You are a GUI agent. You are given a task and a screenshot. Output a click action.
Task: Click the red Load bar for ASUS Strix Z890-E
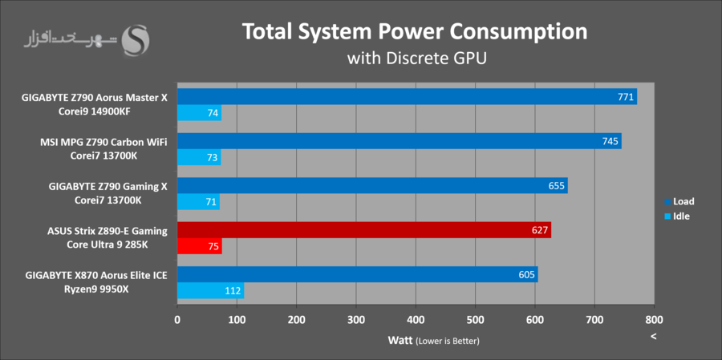click(363, 231)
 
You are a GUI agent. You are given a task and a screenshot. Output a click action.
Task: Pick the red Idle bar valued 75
click(199, 247)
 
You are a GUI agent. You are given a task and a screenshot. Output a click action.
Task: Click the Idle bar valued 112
click(210, 291)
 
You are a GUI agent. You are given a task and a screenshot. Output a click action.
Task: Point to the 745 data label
click(610, 142)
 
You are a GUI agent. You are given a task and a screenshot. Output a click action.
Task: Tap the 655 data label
click(556, 186)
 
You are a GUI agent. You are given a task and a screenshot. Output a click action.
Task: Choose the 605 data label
click(526, 275)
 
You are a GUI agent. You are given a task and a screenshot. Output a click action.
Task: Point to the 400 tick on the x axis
click(416, 320)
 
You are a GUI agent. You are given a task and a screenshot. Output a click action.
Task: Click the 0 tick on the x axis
click(177, 320)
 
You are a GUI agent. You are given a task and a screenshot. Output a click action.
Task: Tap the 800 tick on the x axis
click(654, 320)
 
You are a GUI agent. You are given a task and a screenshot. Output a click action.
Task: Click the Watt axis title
click(401, 340)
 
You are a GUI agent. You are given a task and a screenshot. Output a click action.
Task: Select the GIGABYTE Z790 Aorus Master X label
click(95, 98)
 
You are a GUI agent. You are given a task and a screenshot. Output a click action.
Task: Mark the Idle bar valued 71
click(198, 202)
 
